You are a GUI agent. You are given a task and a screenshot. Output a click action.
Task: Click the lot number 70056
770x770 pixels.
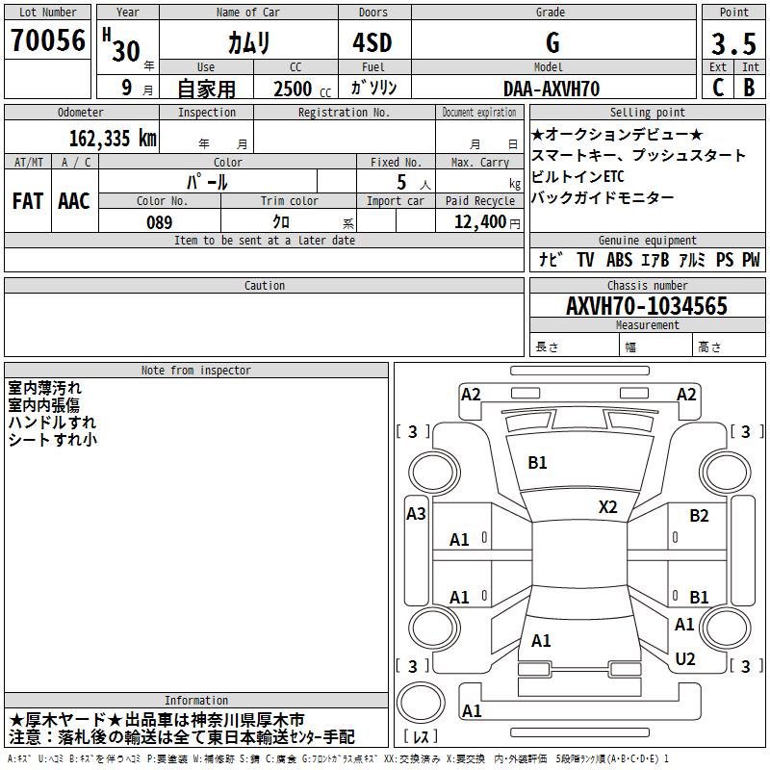click(48, 40)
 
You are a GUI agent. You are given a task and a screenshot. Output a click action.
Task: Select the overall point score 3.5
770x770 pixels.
click(733, 43)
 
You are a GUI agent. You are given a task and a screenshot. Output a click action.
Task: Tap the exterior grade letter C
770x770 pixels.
click(718, 88)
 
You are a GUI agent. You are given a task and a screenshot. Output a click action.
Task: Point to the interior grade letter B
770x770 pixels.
click(750, 88)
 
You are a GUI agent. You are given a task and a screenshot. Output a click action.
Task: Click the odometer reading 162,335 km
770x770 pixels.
click(113, 139)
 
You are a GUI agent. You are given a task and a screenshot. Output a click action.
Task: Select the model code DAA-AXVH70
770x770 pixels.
click(552, 89)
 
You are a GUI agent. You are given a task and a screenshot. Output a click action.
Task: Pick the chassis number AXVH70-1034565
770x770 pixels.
click(647, 306)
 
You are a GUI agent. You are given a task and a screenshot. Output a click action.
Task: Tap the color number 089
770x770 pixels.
click(160, 222)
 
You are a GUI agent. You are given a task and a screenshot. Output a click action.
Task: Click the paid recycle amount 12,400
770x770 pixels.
click(480, 222)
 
